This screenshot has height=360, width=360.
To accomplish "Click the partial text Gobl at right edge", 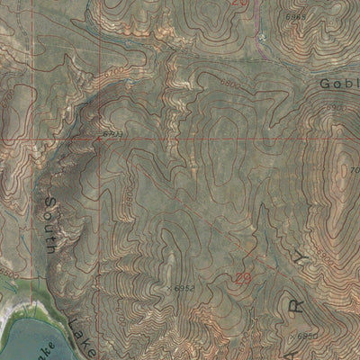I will point(339,83).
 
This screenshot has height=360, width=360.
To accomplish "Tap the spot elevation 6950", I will point(307,337).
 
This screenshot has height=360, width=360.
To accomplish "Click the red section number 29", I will point(242,280).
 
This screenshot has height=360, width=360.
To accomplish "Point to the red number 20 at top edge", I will point(238,4).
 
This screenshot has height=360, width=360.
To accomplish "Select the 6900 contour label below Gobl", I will point(337,107).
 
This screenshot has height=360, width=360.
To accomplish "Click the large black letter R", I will point(291,306).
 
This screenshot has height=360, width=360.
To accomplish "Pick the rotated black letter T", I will point(300,263).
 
